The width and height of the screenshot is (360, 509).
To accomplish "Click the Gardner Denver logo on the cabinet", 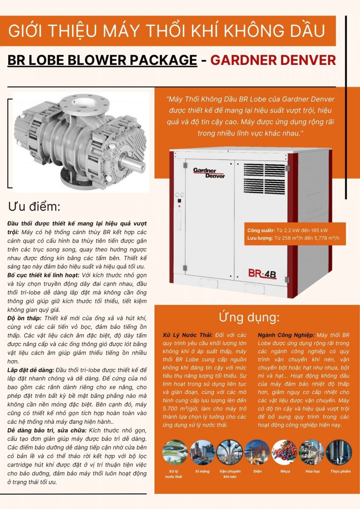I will (x=209, y=173).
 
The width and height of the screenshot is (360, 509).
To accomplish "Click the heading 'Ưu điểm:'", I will (x=34, y=207).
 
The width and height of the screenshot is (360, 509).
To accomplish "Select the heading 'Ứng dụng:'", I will (x=249, y=318).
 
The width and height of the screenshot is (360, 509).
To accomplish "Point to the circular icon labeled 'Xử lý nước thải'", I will (x=175, y=451).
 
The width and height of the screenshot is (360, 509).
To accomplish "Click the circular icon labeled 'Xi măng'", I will (x=202, y=451).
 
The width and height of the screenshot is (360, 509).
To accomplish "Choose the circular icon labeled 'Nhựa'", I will (x=284, y=451).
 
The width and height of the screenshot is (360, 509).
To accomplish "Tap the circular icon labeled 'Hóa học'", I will (x=311, y=451).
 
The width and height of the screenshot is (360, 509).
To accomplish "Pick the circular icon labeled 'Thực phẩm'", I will (x=338, y=451).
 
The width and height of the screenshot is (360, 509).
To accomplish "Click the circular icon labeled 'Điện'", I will (x=257, y=451).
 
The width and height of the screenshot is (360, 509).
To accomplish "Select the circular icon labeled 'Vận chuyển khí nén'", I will (x=229, y=451).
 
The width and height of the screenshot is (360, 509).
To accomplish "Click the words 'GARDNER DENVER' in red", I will (x=273, y=60).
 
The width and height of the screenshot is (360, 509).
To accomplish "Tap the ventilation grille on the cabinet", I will (x=264, y=179).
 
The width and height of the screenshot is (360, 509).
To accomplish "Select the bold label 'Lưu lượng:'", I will (x=260, y=238).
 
